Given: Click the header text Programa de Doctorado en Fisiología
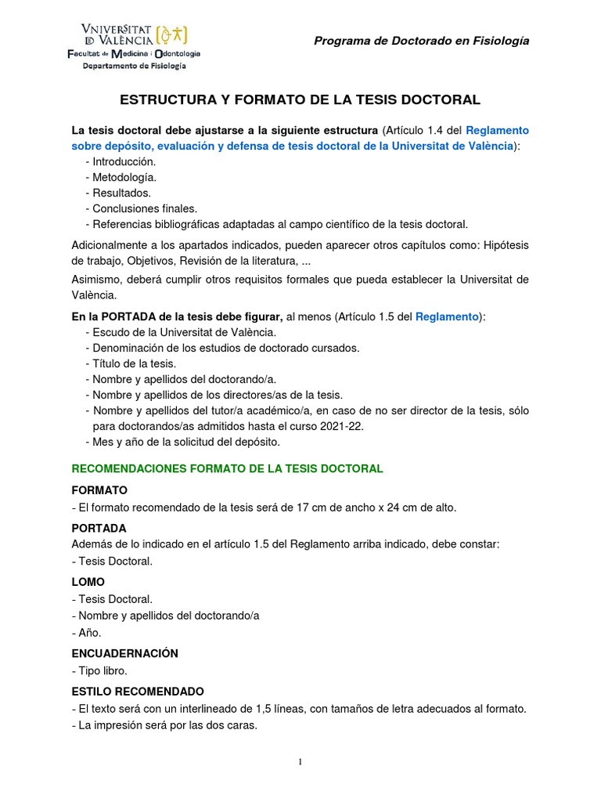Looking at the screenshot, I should [x=421, y=41].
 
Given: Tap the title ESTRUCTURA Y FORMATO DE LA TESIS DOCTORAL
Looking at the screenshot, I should [x=300, y=100].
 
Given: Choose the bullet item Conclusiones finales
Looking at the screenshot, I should [x=144, y=208].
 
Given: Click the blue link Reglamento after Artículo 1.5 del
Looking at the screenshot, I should [x=446, y=316].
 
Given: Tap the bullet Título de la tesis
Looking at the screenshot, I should [x=134, y=363].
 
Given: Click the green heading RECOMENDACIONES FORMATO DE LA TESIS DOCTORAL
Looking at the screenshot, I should [x=227, y=468].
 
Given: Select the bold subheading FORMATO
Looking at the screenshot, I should [x=99, y=490].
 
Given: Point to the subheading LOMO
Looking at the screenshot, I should [x=88, y=582].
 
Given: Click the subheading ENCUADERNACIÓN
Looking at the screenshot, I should [x=124, y=653].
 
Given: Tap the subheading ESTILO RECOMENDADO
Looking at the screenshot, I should [x=137, y=692].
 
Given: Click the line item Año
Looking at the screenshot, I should [x=88, y=632].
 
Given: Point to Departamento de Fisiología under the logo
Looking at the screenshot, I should [x=135, y=67].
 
